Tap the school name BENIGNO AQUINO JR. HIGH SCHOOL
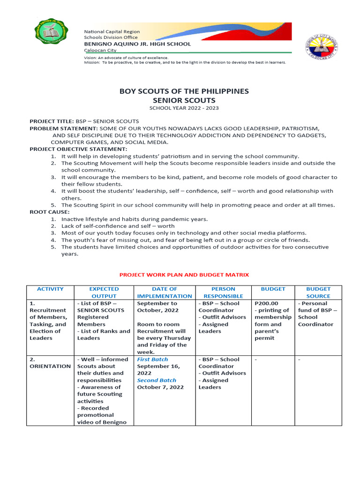pyautogui.click(x=137, y=44)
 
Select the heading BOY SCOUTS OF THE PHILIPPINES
pyautogui.click(x=184, y=91)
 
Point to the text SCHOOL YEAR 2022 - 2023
pyautogui.click(x=184, y=108)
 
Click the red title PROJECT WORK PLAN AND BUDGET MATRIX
pyautogui.click(x=184, y=275)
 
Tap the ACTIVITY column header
pyautogui.click(x=50, y=289)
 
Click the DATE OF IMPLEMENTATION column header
pyautogui.click(x=165, y=292)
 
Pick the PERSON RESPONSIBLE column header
pyautogui.click(x=223, y=292)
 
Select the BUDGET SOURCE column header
pyautogui.click(x=318, y=292)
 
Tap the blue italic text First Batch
pyautogui.click(x=152, y=360)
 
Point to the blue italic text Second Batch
pyautogui.click(x=157, y=381)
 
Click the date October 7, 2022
pyautogui.click(x=160, y=388)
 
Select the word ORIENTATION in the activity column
pyautogui.click(x=50, y=367)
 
